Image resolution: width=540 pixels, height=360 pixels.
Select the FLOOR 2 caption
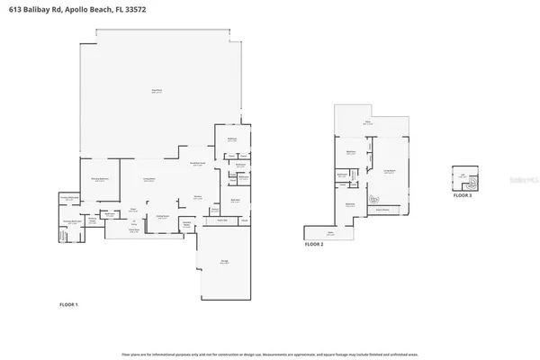[313, 244]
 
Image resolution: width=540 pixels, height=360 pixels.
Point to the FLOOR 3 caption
[462, 194]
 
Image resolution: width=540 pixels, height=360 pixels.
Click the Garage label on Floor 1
[224, 262]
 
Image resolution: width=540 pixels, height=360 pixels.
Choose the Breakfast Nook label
[198, 164]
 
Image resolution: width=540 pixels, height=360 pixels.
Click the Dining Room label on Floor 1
[162, 216]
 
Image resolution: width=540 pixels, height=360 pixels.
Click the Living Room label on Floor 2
[391, 170]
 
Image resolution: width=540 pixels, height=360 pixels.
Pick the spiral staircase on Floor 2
[375, 199]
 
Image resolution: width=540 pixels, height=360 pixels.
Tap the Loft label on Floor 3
[462, 175]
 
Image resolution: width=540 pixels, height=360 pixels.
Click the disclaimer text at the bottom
[270, 355]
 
